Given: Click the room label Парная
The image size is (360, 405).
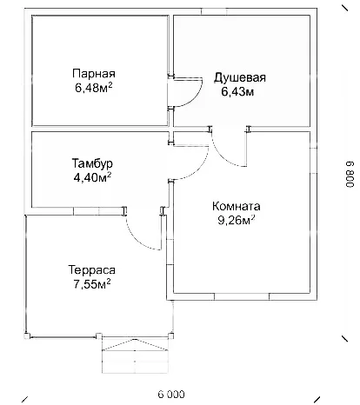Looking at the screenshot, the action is click(x=94, y=74).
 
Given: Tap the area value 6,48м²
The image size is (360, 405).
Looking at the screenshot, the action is click(x=94, y=88).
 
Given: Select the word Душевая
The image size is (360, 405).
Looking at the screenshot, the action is click(x=240, y=77).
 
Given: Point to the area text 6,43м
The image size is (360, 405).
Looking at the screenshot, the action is click(x=237, y=92).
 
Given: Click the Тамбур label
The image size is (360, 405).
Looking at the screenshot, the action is click(x=92, y=163).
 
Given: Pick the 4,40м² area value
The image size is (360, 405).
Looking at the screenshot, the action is click(x=92, y=177).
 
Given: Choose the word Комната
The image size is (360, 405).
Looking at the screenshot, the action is click(x=237, y=206).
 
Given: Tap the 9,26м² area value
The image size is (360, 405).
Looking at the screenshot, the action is click(x=237, y=221).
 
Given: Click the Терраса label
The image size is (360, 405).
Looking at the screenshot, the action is click(x=92, y=270).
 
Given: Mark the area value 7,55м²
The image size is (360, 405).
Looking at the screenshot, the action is click(x=92, y=284).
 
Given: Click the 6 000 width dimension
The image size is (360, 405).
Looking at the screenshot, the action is click(x=171, y=395).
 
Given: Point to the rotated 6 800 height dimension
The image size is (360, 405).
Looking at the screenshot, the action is click(x=350, y=174).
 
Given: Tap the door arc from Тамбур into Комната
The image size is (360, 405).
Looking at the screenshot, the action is click(x=199, y=169).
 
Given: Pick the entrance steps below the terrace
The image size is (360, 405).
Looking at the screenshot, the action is click(x=135, y=355).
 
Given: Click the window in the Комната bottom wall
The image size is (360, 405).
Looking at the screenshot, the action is click(x=242, y=296).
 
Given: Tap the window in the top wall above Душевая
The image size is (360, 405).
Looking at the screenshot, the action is click(x=214, y=11).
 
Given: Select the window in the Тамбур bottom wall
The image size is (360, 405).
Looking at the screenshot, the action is click(x=98, y=211).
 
